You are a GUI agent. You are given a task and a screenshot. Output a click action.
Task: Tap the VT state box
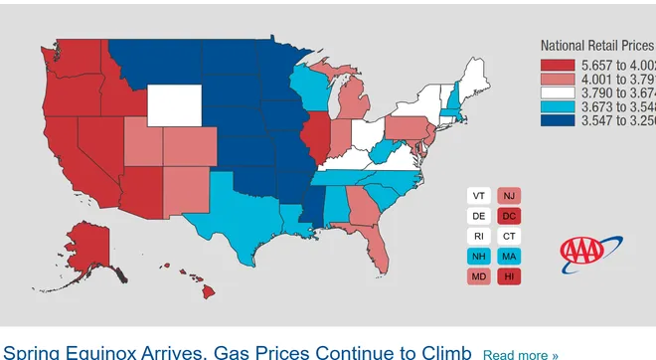[479, 196]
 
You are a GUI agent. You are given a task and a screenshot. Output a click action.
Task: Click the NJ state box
[509, 196]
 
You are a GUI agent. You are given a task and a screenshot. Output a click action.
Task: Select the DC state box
[509, 216]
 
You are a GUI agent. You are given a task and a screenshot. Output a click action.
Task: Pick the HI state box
[509, 275]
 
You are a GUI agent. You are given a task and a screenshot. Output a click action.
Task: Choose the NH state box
[479, 256]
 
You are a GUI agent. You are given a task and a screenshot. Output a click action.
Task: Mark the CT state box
[509, 236]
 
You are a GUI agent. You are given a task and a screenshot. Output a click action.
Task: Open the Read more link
[520, 354]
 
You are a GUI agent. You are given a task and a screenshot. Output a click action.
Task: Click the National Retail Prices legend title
[596, 46]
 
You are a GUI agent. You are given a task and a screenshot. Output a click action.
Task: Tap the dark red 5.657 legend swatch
[557, 65]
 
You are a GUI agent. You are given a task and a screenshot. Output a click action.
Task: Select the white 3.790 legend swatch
[557, 92]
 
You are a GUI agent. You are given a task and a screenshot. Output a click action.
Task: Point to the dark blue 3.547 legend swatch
[557, 120]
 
